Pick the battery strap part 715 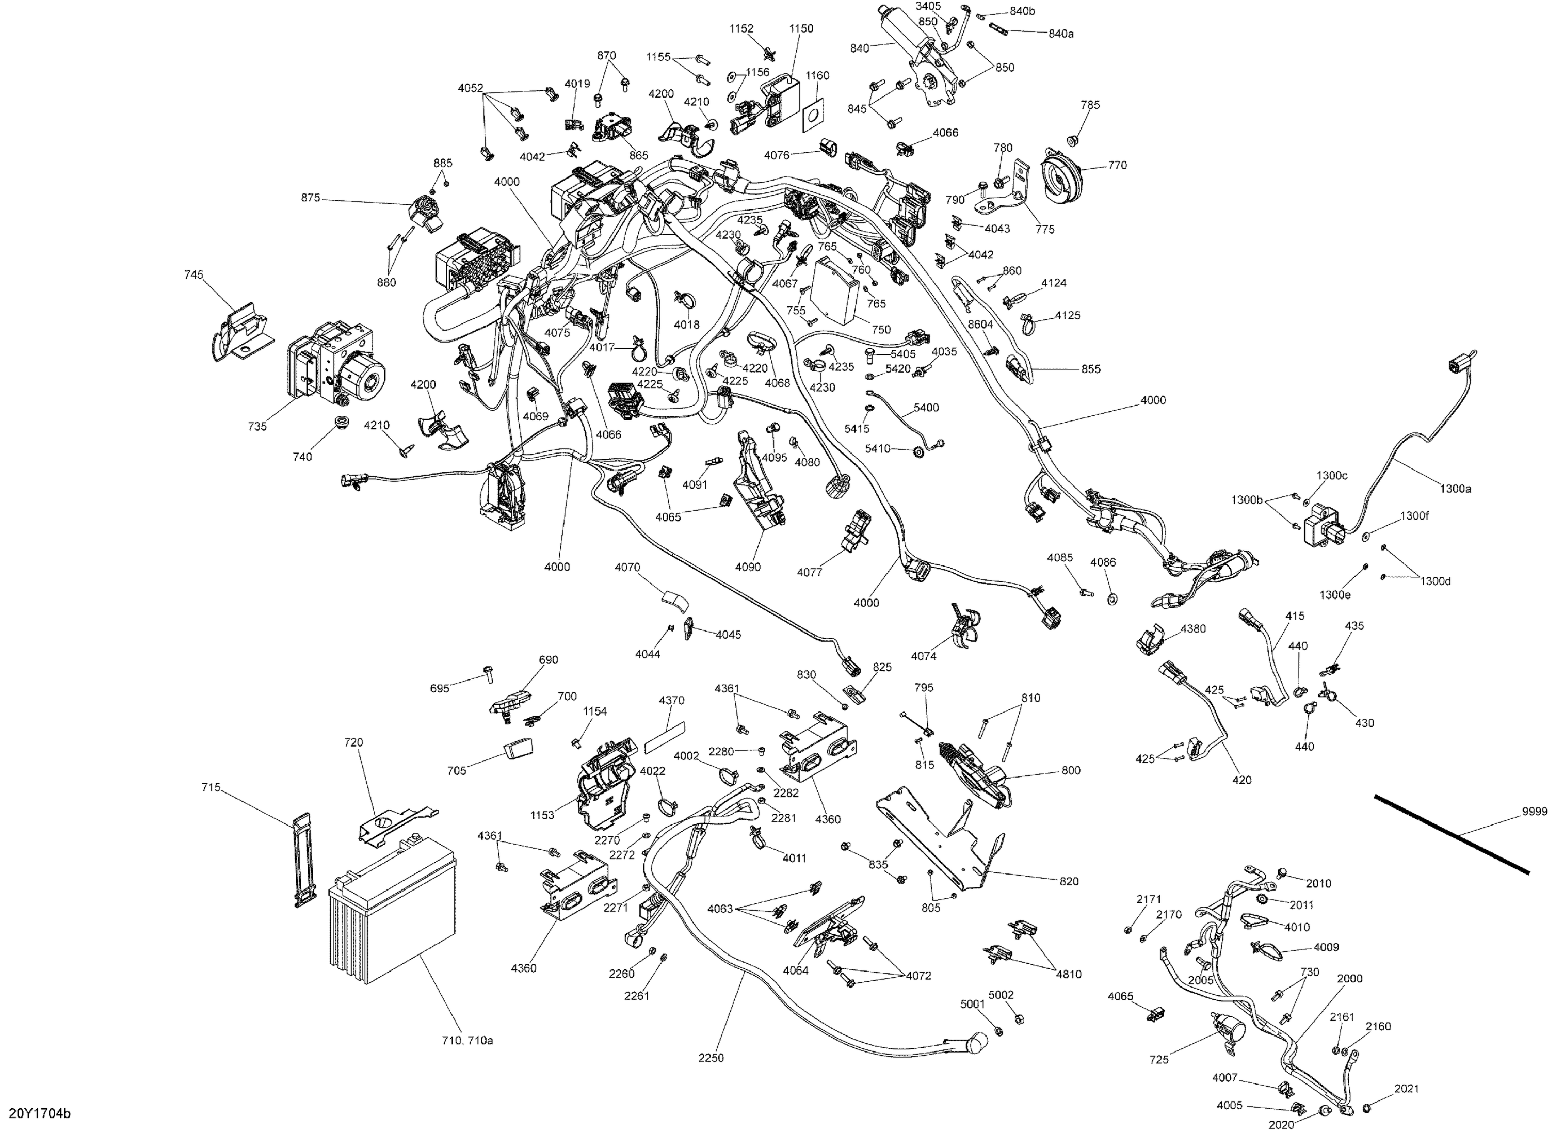coord(304,860)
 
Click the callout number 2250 coord(711,1058)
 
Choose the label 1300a coord(1456,489)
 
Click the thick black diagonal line coord(1450,833)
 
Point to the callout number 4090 coord(748,567)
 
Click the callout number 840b coord(1022,12)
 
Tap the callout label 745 coord(193,275)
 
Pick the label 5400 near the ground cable coord(926,408)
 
